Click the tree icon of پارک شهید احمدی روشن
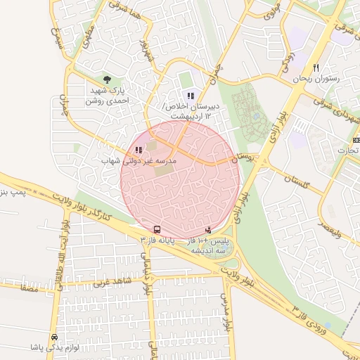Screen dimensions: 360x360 pyautogui.click(x=107, y=80)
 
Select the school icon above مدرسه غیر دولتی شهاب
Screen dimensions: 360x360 pyautogui.click(x=139, y=150)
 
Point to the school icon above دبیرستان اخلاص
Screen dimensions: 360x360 pyautogui.click(x=190, y=96)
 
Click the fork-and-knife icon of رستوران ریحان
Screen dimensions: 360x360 pyautogui.click(x=316, y=68)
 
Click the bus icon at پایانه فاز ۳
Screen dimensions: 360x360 pyautogui.click(x=156, y=229)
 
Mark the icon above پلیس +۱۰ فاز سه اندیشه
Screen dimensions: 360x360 pyautogui.click(x=208, y=229)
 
